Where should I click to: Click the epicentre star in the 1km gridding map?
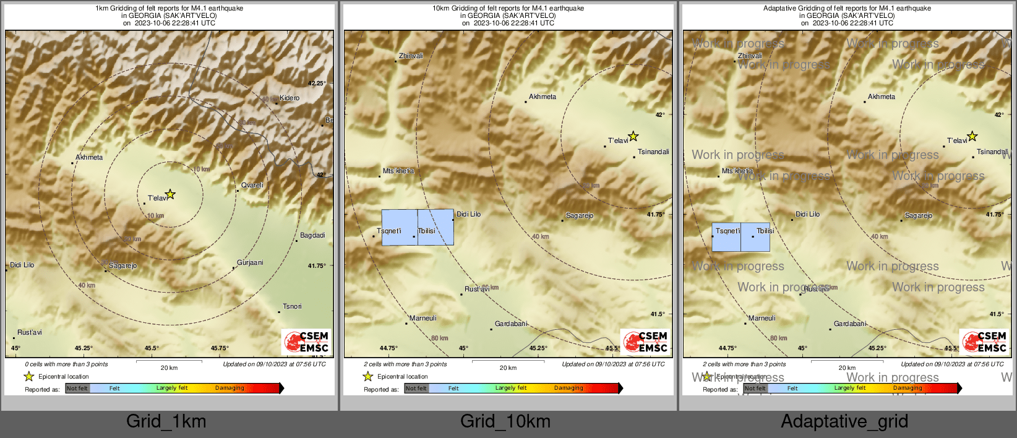tap(170, 194)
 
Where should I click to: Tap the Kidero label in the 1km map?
tap(289, 98)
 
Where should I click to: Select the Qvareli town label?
tap(252, 185)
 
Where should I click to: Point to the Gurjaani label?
tap(250, 262)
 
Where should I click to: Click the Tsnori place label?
tap(292, 306)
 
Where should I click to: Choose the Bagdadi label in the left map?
tap(312, 235)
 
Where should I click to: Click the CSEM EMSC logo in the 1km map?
tap(307, 341)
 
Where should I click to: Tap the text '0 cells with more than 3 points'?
tap(66, 364)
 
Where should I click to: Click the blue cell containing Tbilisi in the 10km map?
tap(436, 227)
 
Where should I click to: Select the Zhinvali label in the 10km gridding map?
tap(411, 56)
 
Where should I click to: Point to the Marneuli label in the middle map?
tap(423, 318)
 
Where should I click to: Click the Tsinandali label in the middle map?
tap(653, 152)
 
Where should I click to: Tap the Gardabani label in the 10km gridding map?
tap(511, 324)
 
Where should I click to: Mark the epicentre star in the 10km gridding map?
tap(633, 136)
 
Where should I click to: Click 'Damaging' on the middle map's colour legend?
tap(569, 388)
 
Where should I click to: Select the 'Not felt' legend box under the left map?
tap(77, 389)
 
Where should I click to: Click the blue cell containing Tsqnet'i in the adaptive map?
tap(726, 237)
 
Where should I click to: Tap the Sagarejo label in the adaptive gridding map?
tap(918, 215)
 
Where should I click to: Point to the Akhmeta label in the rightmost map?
tap(882, 97)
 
